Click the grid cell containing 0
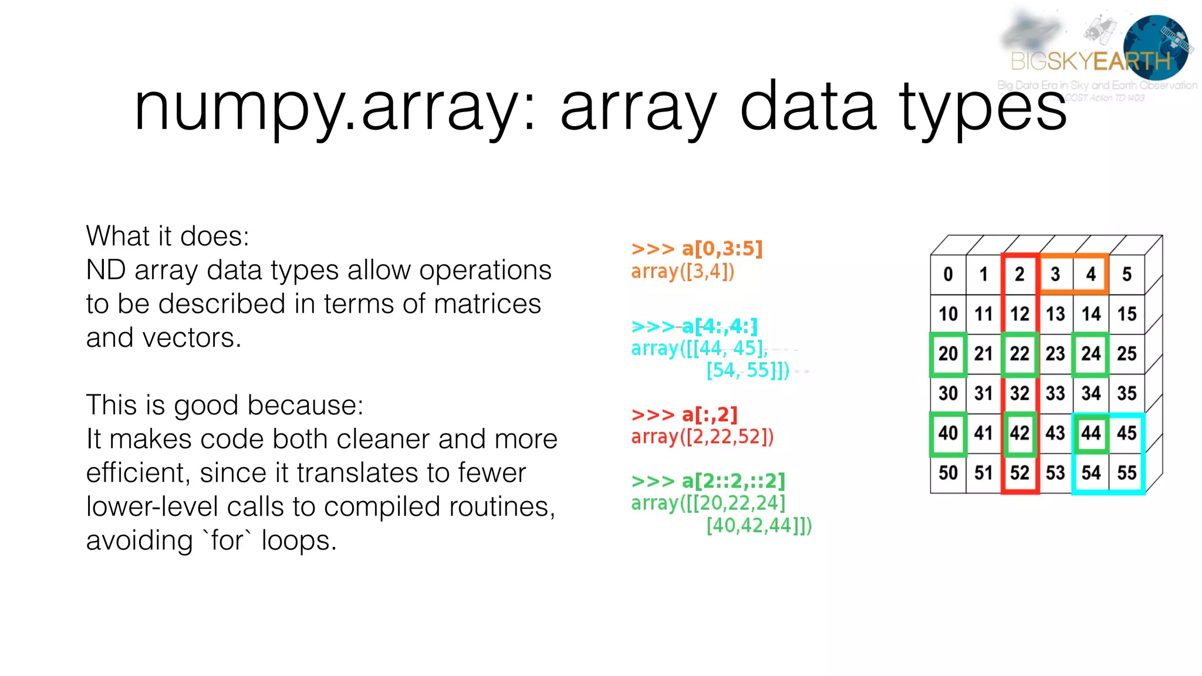click(x=948, y=274)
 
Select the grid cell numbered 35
click(x=1126, y=393)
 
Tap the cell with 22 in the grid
click(x=1019, y=354)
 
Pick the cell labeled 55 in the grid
click(x=1126, y=473)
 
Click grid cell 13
click(x=1055, y=314)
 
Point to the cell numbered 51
click(x=983, y=473)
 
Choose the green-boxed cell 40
click(x=948, y=434)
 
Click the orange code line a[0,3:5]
click(x=697, y=249)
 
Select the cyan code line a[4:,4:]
click(x=694, y=326)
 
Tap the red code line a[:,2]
click(x=684, y=415)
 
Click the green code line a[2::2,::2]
click(x=708, y=481)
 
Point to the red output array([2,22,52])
click(x=702, y=437)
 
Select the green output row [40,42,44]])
click(x=758, y=526)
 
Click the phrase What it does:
click(x=167, y=236)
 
